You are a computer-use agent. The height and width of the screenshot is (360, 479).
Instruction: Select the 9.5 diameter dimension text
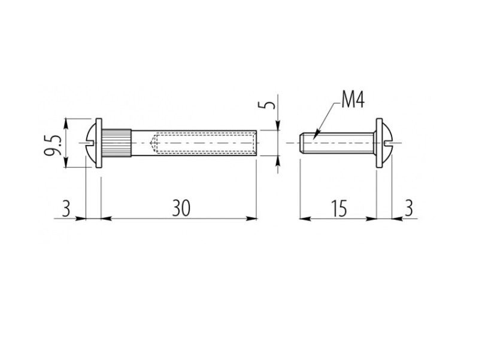point(53,144)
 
